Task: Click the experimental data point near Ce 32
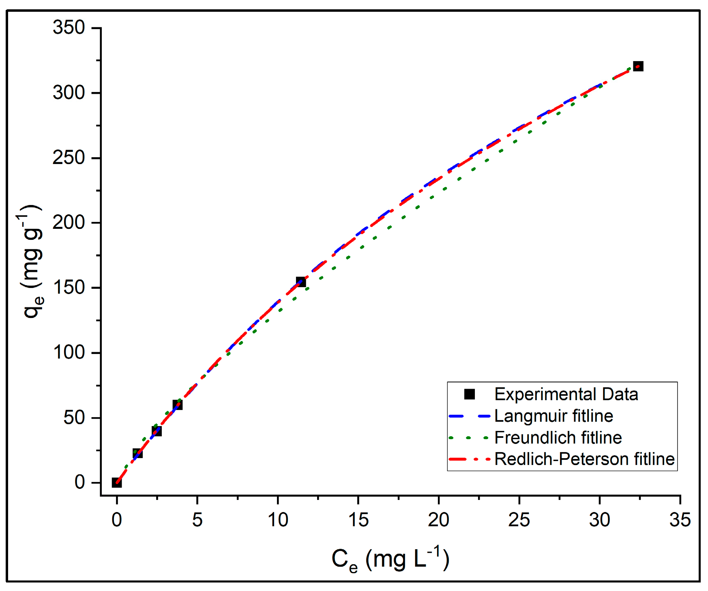[638, 66]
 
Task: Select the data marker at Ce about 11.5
[301, 282]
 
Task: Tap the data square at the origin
[117, 482]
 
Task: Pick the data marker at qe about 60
[178, 405]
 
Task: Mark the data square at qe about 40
[157, 431]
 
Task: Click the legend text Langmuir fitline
[554, 416]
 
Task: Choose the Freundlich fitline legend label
[558, 437]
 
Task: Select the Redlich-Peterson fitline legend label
[584, 459]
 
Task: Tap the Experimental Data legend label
[566, 394]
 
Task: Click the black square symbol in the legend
[470, 394]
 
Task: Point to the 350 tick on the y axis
[69, 28]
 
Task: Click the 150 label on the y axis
[69, 288]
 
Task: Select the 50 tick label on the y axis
[74, 418]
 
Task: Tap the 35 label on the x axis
[680, 520]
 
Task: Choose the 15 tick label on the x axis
[358, 520]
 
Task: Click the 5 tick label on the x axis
[197, 520]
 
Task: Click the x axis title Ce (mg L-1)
[390, 559]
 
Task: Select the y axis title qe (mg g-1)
[32, 262]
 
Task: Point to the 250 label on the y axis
[69, 158]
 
